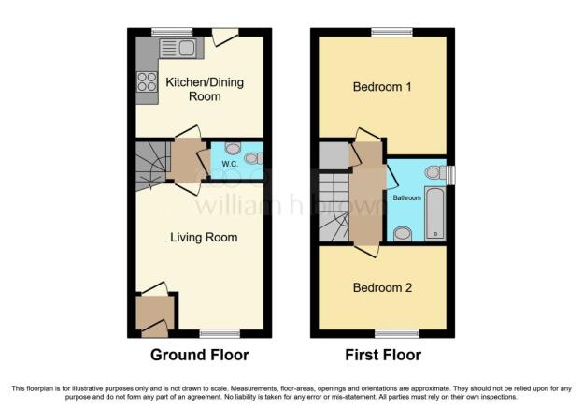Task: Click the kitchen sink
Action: tap(178, 49)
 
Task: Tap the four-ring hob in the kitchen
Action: tap(147, 81)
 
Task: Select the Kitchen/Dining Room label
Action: tap(205, 89)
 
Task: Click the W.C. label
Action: tap(230, 164)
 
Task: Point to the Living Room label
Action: tap(204, 238)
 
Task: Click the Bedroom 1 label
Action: tap(382, 87)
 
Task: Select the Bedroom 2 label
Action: tap(382, 287)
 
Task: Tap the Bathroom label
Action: tap(407, 197)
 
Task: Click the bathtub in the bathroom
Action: tap(434, 213)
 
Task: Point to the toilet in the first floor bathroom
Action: tap(435, 172)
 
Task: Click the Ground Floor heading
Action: tap(200, 355)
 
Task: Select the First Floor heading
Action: tap(383, 355)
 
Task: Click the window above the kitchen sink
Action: tap(172, 32)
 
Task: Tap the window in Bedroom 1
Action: tap(392, 32)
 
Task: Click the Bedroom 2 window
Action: tap(397, 333)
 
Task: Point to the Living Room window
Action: tap(220, 333)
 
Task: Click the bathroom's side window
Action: tap(450, 175)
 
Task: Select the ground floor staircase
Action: tap(150, 166)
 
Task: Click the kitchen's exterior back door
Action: tap(225, 37)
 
